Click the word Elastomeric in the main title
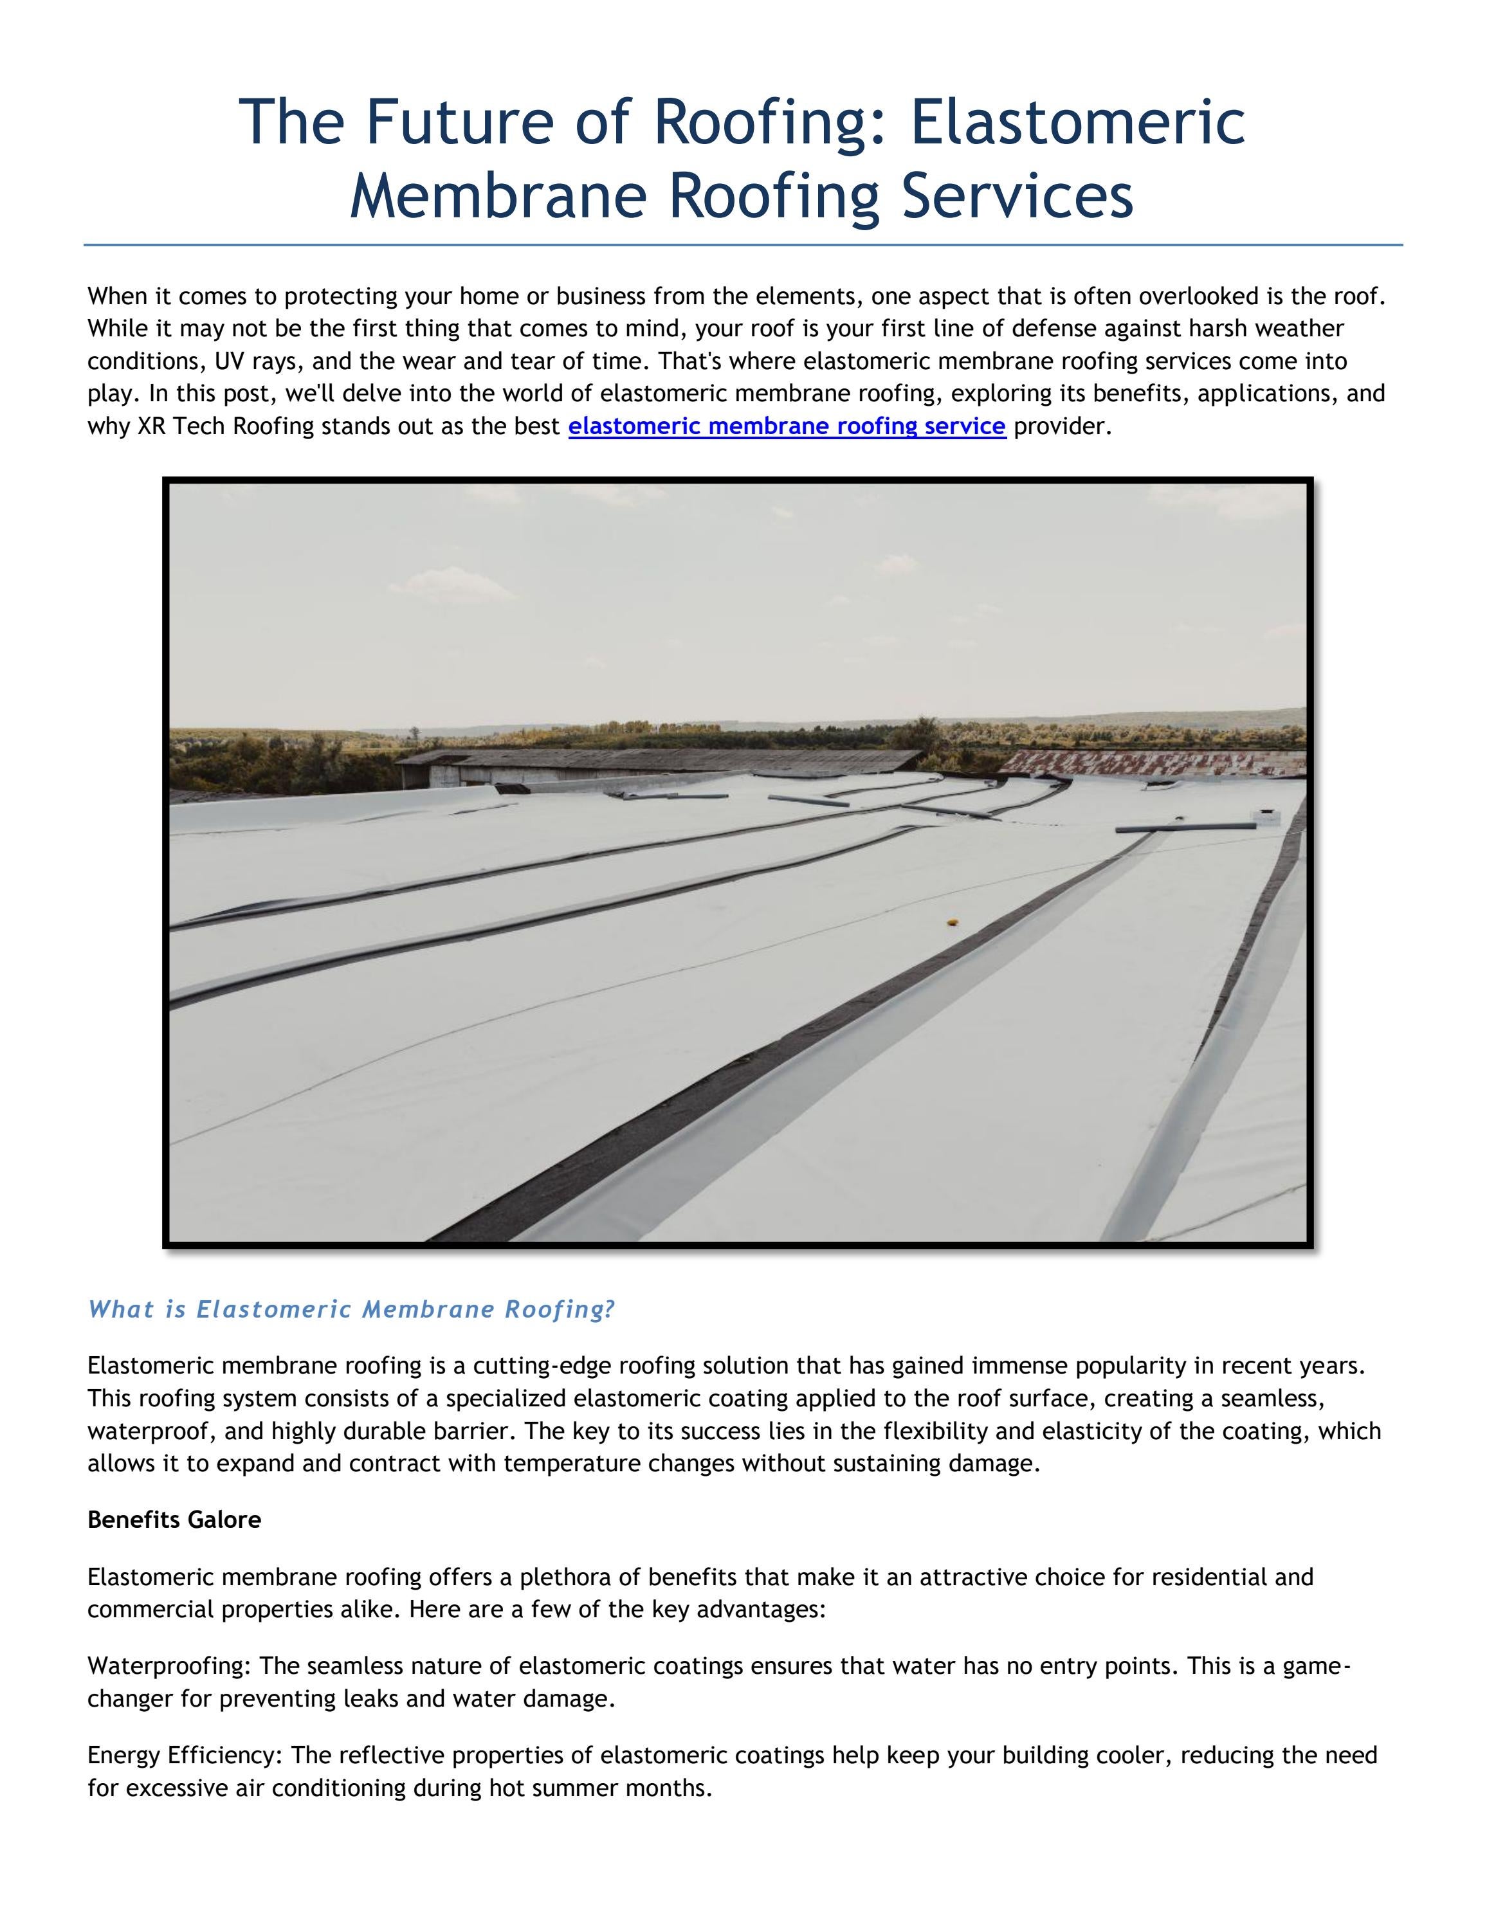[1077, 122]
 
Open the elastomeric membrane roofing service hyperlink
[787, 426]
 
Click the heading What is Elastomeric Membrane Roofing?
[351, 1309]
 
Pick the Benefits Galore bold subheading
[174, 1520]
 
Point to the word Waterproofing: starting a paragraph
[170, 1666]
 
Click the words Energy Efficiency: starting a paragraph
[185, 1755]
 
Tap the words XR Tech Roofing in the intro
[226, 426]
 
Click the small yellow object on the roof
[951, 922]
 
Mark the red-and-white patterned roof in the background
[1154, 761]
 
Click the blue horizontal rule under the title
[743, 245]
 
